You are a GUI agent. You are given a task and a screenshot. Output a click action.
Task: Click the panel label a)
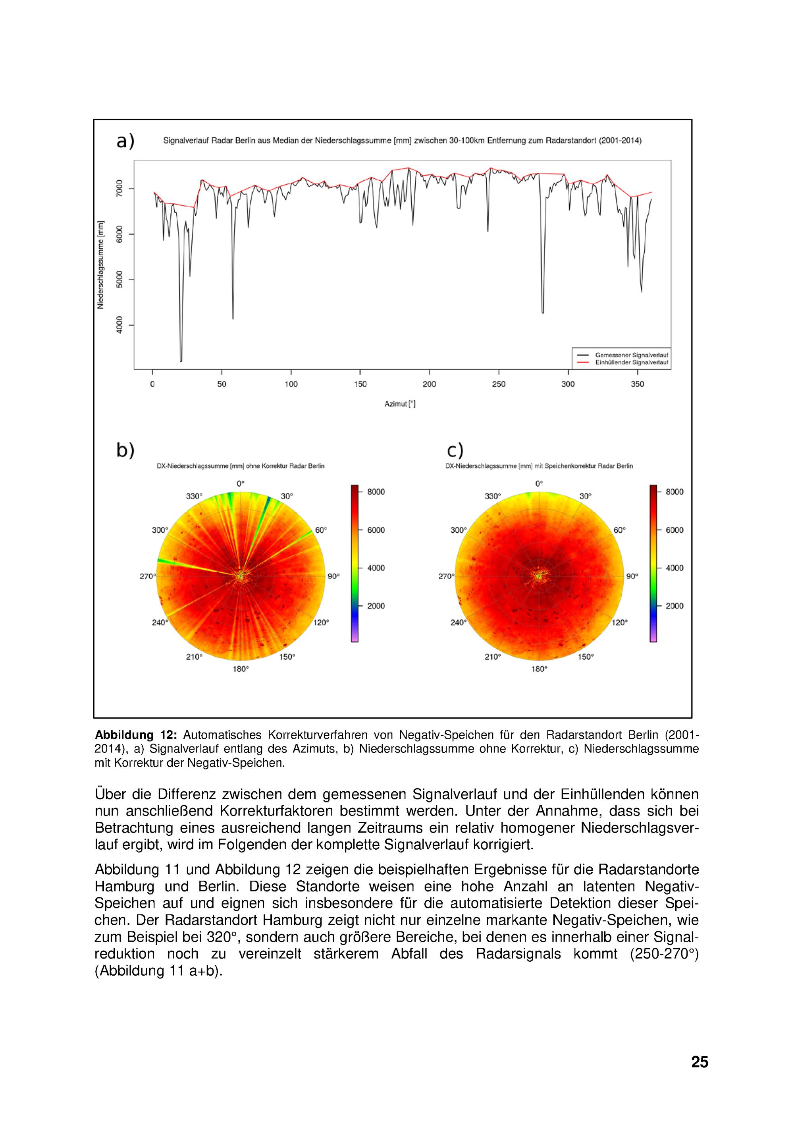[125, 141]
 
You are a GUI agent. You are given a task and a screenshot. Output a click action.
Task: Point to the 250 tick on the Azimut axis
[499, 384]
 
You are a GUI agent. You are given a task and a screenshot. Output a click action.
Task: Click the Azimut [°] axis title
[400, 404]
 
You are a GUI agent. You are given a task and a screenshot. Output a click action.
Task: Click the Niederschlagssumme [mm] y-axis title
[101, 265]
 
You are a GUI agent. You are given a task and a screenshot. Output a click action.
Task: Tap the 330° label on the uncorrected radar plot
[194, 496]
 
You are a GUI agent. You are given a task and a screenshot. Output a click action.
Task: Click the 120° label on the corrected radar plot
[619, 622]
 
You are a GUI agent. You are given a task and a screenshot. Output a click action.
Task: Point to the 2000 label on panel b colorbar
[376, 606]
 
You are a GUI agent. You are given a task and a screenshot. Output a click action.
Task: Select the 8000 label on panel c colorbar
[675, 492]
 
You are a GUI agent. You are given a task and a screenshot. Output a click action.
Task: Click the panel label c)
[455, 450]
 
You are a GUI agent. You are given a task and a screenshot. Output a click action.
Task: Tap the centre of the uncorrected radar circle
[241, 576]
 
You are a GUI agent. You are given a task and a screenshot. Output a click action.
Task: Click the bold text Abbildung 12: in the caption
[135, 735]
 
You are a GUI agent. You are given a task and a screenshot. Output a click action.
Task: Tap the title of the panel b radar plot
[241, 466]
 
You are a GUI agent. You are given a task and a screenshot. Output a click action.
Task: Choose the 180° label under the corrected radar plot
[539, 669]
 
